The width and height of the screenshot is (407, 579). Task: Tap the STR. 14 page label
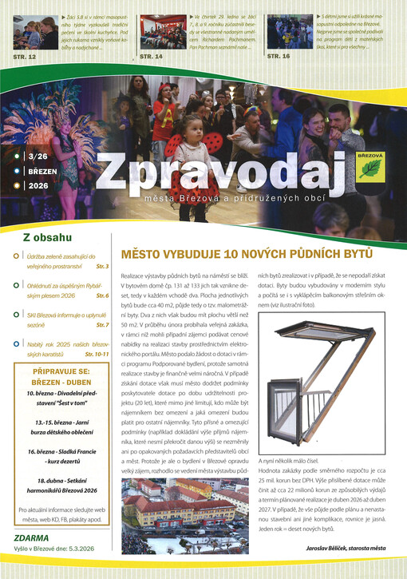(151, 58)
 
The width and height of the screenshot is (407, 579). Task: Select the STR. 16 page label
(279, 58)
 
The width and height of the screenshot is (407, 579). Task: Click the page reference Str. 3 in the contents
(102, 265)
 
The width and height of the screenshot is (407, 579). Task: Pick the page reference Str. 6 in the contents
(102, 295)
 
